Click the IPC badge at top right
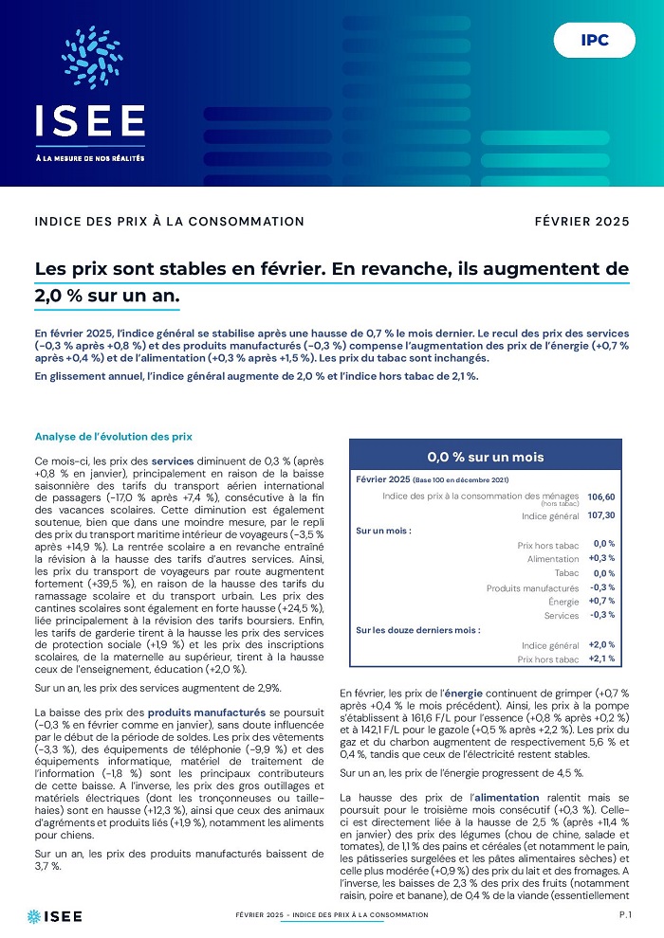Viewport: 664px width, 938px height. (595, 41)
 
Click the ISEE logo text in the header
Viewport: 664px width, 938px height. (90, 120)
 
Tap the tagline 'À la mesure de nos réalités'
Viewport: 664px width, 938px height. (90, 158)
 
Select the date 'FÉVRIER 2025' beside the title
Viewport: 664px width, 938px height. (581, 222)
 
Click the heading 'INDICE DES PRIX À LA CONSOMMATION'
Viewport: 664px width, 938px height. (170, 222)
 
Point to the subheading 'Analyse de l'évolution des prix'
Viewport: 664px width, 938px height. (114, 437)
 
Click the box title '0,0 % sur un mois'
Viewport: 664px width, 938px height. (486, 457)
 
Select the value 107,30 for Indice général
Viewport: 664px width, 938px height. (601, 515)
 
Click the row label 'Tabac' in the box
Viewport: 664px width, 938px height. (566, 573)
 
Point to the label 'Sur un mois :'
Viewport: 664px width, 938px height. (383, 531)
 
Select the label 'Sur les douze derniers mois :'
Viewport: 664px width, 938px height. (418, 629)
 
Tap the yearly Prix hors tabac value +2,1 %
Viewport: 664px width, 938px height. (601, 658)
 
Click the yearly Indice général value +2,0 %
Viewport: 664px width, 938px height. (601, 644)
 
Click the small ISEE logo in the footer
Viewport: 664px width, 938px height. (55, 915)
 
